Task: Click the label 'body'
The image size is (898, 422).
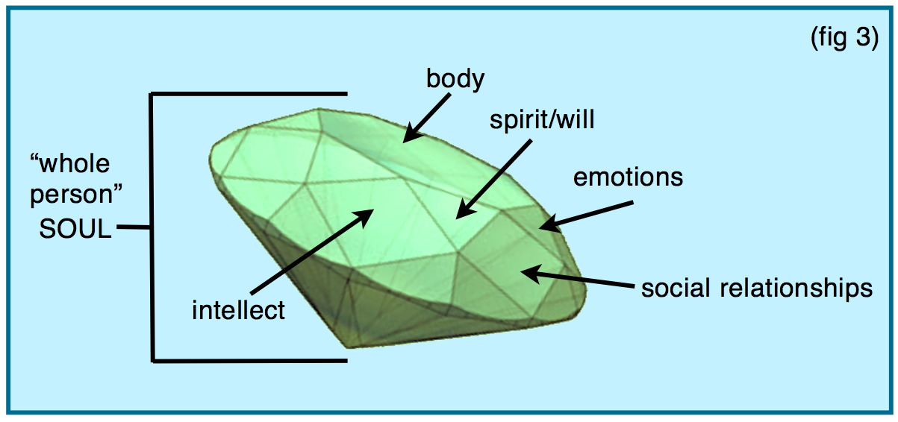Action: (x=455, y=79)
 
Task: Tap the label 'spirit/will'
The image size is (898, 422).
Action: (x=542, y=120)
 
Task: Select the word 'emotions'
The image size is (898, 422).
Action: (x=628, y=177)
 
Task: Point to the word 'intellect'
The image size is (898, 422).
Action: (x=238, y=309)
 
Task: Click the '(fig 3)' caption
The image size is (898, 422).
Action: (x=844, y=39)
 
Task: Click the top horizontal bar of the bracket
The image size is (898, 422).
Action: (x=249, y=94)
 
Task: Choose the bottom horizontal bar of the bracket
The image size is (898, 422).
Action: (x=249, y=360)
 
